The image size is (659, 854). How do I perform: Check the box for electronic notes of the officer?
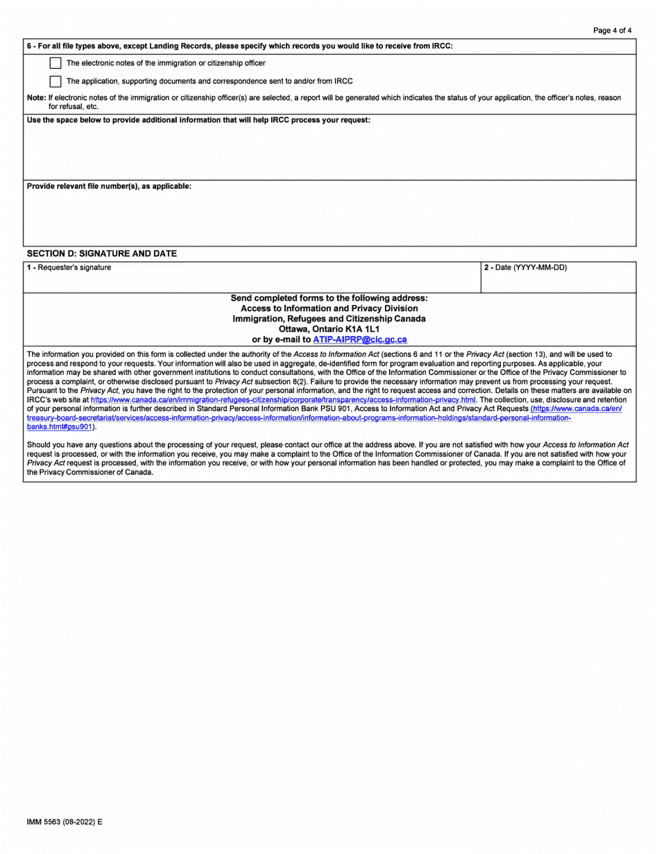[55, 63]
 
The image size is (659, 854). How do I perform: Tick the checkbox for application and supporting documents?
[55, 81]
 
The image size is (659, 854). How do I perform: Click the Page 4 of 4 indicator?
[613, 31]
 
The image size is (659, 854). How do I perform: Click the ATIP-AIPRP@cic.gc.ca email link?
[360, 340]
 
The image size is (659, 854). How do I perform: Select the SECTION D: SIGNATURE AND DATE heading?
[101, 253]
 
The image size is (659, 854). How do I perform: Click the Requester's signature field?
[252, 281]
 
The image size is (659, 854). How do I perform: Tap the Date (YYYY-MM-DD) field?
[558, 281]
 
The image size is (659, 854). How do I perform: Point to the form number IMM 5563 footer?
[65, 821]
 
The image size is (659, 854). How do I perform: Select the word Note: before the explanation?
[36, 98]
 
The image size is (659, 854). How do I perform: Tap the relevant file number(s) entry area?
[329, 218]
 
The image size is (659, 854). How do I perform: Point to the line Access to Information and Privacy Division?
[329, 308]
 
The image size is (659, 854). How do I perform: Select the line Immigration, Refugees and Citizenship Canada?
[329, 319]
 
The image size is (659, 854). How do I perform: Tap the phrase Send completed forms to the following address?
[329, 298]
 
